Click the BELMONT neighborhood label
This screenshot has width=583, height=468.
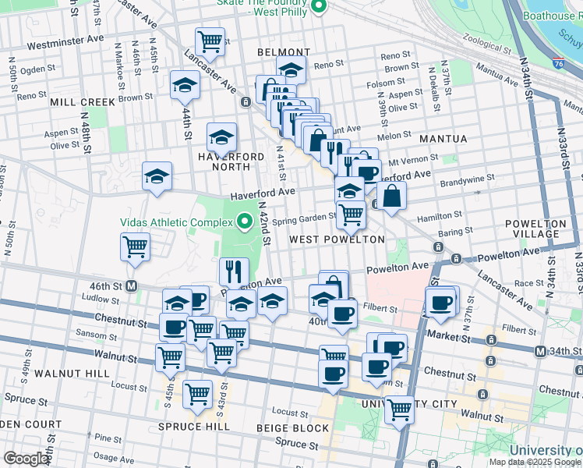tap(284, 52)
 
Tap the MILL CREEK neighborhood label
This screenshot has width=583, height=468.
tap(83, 102)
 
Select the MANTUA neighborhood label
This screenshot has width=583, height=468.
tap(443, 139)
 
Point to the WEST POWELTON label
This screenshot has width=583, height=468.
tap(337, 239)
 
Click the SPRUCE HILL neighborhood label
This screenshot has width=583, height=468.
tap(193, 427)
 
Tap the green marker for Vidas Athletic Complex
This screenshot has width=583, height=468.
tap(246, 222)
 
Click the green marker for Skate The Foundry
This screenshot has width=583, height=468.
tap(318, 7)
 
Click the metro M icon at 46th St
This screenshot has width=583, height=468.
tap(132, 286)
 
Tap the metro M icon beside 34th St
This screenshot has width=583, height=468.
tap(540, 352)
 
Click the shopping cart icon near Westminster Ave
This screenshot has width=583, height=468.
tap(209, 41)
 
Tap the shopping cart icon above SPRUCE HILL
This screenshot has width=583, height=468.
tap(197, 393)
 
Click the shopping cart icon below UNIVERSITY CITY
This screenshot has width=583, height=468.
tap(399, 408)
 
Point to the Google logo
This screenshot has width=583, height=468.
tap(26, 459)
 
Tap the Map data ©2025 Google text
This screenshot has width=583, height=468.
tap(535, 462)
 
